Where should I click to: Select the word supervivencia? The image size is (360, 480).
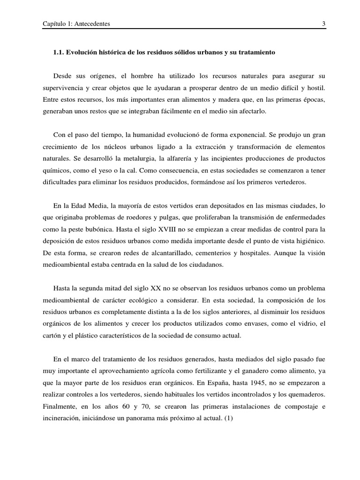pyautogui.click(x=64, y=88)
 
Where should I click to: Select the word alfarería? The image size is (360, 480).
pyautogui.click(x=190, y=158)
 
